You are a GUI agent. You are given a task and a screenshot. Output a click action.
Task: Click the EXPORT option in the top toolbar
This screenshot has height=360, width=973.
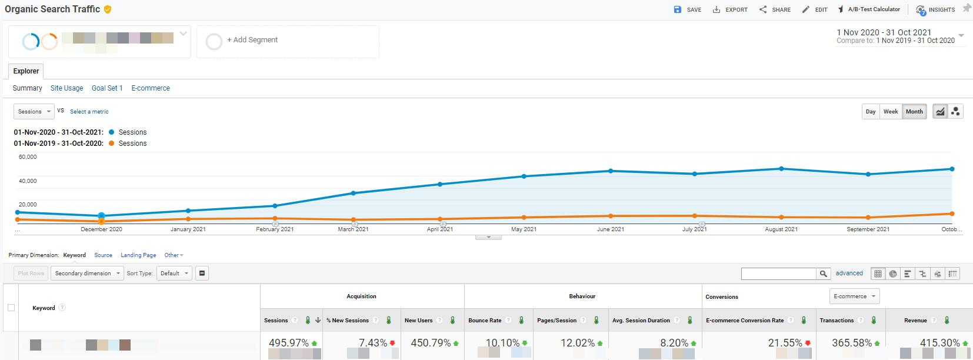point(730,9)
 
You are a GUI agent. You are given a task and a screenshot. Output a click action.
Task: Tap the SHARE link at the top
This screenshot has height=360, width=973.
point(775,9)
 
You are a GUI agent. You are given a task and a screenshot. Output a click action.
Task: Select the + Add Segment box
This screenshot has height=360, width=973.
point(288,41)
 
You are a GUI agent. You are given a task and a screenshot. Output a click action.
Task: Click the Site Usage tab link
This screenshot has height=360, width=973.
point(66,88)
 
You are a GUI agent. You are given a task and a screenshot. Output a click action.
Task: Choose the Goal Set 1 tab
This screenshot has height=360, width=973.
point(107,88)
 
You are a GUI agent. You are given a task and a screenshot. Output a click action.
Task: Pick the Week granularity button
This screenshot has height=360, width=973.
point(891,112)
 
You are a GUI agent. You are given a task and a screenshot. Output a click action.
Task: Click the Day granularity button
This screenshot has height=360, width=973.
point(871,112)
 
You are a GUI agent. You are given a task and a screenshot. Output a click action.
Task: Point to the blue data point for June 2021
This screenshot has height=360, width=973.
point(611,171)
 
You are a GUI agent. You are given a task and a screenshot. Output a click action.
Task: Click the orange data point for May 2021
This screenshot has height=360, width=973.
point(524,217)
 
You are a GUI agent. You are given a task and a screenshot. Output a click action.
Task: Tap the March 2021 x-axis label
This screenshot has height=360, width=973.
point(353,229)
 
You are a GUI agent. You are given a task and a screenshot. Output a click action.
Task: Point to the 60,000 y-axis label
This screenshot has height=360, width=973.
point(28,157)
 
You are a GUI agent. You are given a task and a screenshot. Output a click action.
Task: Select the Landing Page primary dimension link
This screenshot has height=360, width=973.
point(138,255)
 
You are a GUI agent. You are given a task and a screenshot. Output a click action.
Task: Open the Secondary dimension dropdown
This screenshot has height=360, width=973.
point(86,274)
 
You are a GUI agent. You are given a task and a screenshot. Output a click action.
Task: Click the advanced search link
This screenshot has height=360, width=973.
point(849,274)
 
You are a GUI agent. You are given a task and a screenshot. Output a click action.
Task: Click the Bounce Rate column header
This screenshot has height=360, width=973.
point(485,321)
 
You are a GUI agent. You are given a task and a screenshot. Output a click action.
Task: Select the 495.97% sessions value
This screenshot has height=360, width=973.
point(288,343)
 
